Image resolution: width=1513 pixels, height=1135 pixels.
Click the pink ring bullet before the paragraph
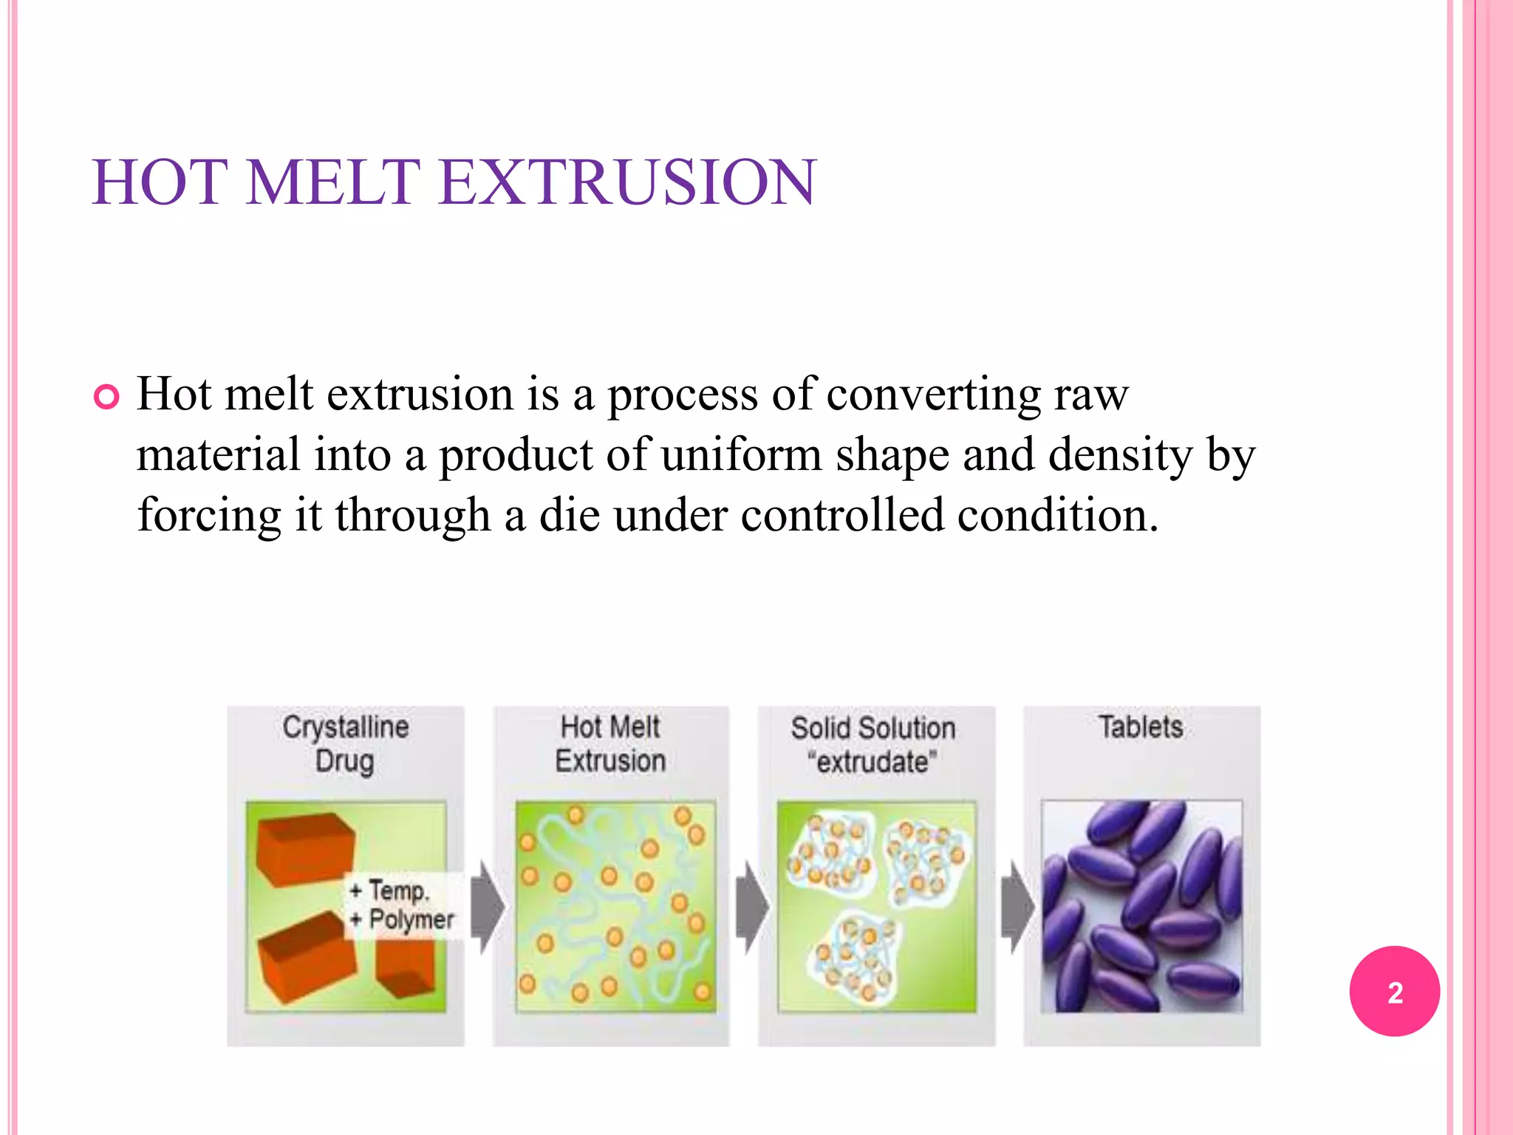click(106, 398)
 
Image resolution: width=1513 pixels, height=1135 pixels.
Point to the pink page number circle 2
click(1394, 991)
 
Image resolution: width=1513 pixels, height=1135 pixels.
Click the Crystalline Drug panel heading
click(345, 743)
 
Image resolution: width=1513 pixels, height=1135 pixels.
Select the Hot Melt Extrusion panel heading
click(610, 743)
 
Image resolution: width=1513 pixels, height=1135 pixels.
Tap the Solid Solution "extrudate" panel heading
click(873, 744)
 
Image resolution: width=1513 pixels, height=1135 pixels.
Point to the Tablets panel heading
click(1141, 727)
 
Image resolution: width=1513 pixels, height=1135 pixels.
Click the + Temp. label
click(389, 890)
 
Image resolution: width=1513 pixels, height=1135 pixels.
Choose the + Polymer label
click(403, 920)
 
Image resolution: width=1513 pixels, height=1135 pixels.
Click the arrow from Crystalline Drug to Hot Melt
click(487, 907)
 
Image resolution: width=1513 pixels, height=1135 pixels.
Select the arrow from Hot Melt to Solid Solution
click(752, 907)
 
